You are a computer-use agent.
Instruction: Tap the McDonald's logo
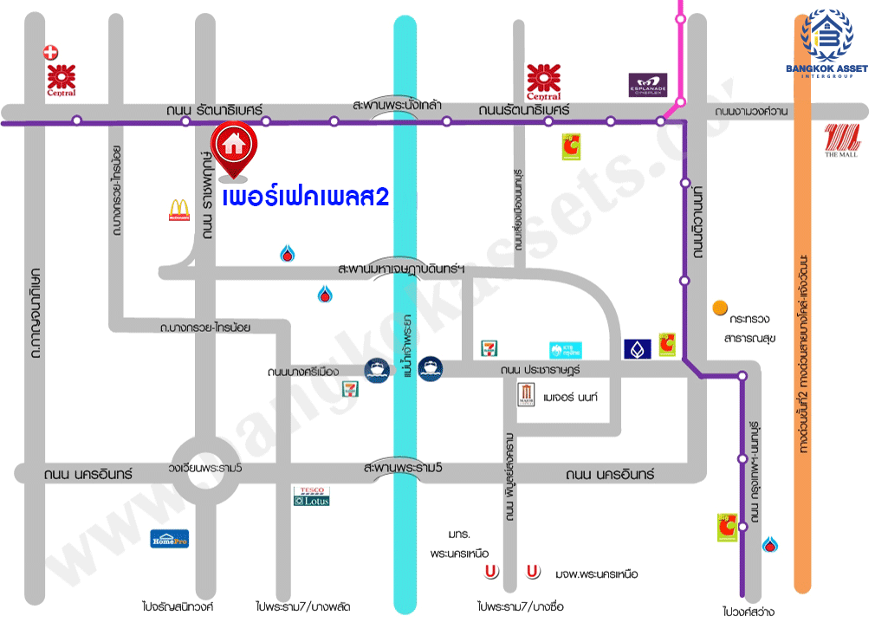tap(178, 211)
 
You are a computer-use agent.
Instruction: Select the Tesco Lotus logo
tap(311, 496)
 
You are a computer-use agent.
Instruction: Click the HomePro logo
tap(169, 538)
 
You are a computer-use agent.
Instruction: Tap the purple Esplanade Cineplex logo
tap(648, 86)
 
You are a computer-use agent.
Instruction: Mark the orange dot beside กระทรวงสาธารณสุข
tap(719, 307)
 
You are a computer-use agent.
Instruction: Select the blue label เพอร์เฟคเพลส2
tap(306, 197)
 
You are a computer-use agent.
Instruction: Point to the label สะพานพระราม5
tap(403, 468)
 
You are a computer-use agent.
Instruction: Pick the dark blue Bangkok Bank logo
tap(637, 349)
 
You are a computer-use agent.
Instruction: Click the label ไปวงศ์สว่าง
tap(749, 612)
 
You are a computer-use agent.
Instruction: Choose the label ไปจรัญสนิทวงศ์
tap(178, 606)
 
